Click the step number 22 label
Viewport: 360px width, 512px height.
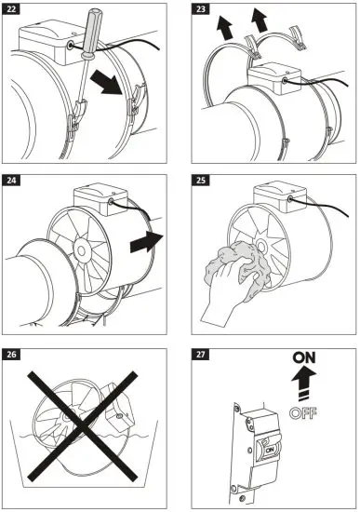click(16, 14)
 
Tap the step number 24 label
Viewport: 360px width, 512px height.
click(16, 182)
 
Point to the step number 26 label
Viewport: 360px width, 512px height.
click(16, 354)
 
